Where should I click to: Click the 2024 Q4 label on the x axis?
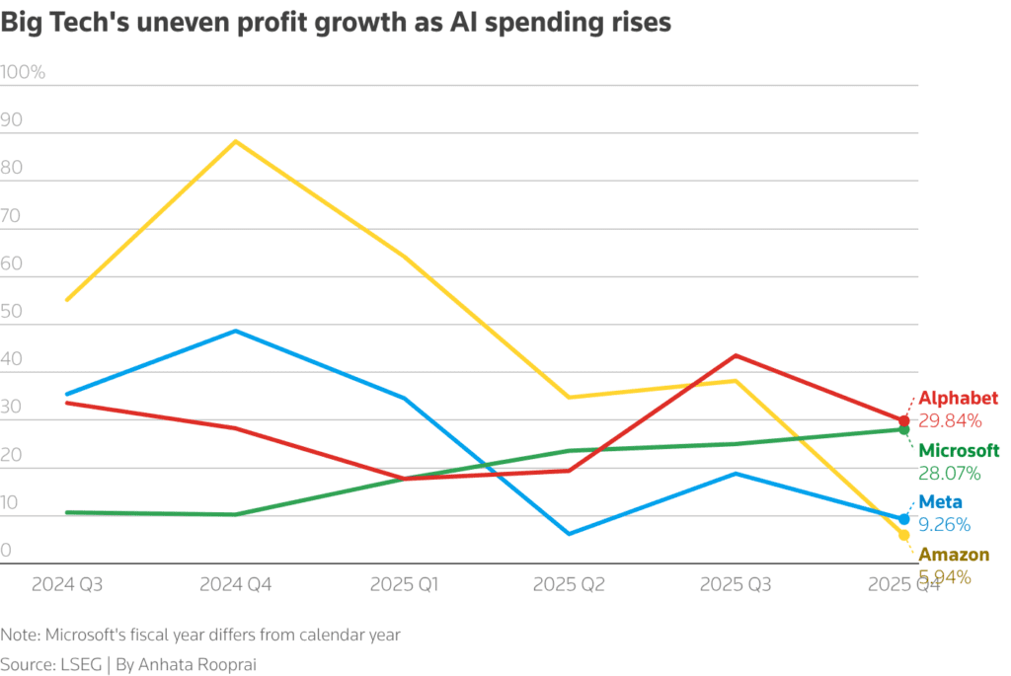[236, 584]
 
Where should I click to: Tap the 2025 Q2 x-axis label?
[569, 584]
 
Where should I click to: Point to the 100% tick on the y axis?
[23, 72]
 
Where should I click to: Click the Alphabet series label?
[959, 399]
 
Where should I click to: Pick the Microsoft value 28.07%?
[950, 474]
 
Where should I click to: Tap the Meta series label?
[940, 502]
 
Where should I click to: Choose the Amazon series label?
[954, 555]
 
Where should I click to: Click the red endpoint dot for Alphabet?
[903, 421]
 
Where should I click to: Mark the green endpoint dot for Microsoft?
[903, 429]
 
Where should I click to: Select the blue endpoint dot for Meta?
[903, 519]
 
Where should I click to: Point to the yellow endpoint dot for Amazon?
[903, 535]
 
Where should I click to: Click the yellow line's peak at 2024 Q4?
[236, 141]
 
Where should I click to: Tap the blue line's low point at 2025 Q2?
[569, 534]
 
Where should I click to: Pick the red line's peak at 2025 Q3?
[736, 355]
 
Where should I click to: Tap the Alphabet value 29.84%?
[950, 421]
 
